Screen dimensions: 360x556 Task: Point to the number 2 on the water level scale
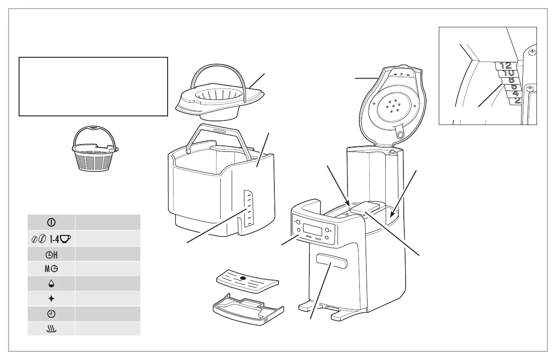pyautogui.click(x=517, y=100)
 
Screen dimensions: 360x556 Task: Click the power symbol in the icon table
pyautogui.click(x=51, y=223)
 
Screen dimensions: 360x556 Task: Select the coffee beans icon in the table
pyautogui.click(x=39, y=239)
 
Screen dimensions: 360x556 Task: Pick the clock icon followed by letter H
pyautogui.click(x=51, y=255)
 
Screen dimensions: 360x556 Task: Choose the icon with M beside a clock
pyautogui.click(x=51, y=269)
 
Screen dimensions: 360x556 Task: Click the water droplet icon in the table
pyautogui.click(x=51, y=284)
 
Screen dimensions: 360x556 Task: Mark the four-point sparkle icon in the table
pyautogui.click(x=51, y=299)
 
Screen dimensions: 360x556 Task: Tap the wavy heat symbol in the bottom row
pyautogui.click(x=51, y=329)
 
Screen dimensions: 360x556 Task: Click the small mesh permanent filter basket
pyautogui.click(x=95, y=155)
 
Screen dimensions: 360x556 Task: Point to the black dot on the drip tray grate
pyautogui.click(x=243, y=278)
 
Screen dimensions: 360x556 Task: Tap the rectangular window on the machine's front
pyautogui.click(x=331, y=261)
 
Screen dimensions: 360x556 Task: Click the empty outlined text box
pyautogui.click(x=93, y=86)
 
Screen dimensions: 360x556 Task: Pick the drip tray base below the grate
pyautogui.click(x=248, y=309)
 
